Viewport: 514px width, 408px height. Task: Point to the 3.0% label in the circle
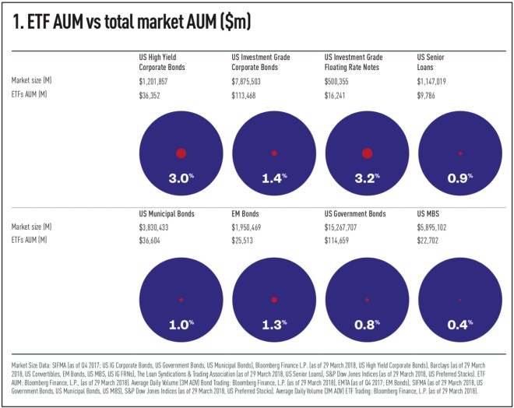pos(181,178)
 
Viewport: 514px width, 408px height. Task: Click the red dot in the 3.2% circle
pos(367,153)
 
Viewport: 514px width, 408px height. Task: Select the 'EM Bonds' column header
pos(247,213)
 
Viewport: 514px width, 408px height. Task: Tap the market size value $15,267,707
pos(346,227)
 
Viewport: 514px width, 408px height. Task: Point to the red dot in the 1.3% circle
pos(274,300)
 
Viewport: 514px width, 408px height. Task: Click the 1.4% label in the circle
pos(274,178)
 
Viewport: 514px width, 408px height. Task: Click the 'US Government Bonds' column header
pos(355,213)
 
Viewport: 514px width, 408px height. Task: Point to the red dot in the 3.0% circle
pos(181,153)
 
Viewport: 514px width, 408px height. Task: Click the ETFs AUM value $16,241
pos(340,96)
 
